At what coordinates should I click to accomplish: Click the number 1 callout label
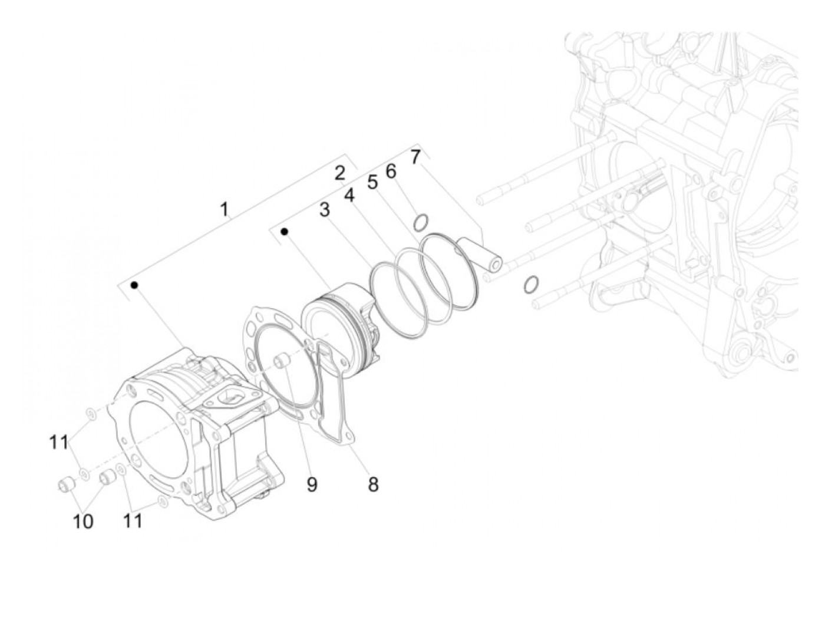pyautogui.click(x=224, y=209)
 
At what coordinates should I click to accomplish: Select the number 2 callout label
pyautogui.click(x=339, y=173)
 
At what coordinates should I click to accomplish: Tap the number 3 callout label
pyautogui.click(x=325, y=210)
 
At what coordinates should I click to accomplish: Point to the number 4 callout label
pyautogui.click(x=350, y=195)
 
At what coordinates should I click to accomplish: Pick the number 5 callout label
pyautogui.click(x=372, y=182)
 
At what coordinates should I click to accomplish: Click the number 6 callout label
pyautogui.click(x=391, y=171)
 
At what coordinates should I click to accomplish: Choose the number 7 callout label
pyautogui.click(x=415, y=157)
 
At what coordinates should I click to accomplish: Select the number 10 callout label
pyautogui.click(x=83, y=521)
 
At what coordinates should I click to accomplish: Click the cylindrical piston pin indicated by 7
pyautogui.click(x=483, y=253)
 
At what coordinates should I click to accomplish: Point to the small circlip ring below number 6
pyautogui.click(x=421, y=223)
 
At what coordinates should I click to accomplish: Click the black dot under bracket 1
pyautogui.click(x=135, y=285)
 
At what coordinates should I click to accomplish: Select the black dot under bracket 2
pyautogui.click(x=284, y=232)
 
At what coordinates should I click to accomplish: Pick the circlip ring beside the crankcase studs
pyautogui.click(x=530, y=284)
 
